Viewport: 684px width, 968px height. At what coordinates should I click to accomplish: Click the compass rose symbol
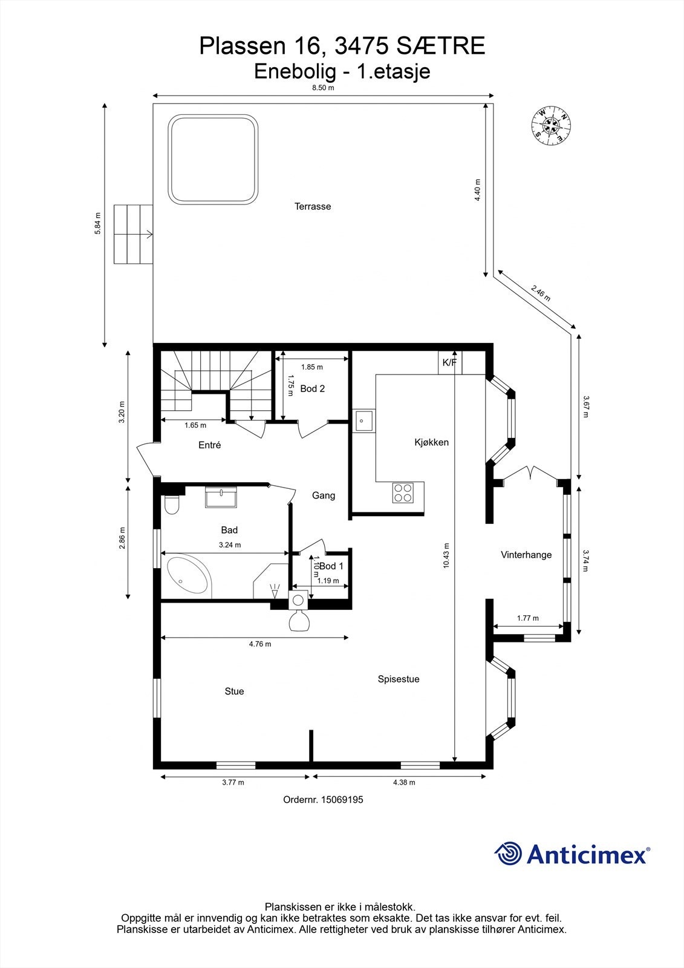[551, 126]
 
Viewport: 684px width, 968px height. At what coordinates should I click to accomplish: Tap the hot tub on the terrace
[212, 160]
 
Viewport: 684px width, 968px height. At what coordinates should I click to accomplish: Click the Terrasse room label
[313, 206]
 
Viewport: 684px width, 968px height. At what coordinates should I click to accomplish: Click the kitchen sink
[364, 420]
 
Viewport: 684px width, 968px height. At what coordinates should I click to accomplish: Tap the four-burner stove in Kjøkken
[403, 492]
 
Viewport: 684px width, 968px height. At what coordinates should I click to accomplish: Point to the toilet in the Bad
[171, 505]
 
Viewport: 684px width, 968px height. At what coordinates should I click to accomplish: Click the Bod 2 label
[312, 388]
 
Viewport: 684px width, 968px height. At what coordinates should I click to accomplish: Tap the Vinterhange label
[526, 555]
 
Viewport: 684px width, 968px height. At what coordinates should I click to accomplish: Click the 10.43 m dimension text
[446, 555]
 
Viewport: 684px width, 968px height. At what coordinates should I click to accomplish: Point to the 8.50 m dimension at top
[322, 88]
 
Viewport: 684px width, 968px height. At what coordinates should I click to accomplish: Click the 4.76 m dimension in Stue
[260, 644]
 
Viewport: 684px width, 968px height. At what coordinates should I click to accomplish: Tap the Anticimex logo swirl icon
[508, 854]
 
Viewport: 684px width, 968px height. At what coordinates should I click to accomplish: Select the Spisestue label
[399, 679]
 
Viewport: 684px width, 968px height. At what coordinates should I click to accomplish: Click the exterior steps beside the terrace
[132, 234]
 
